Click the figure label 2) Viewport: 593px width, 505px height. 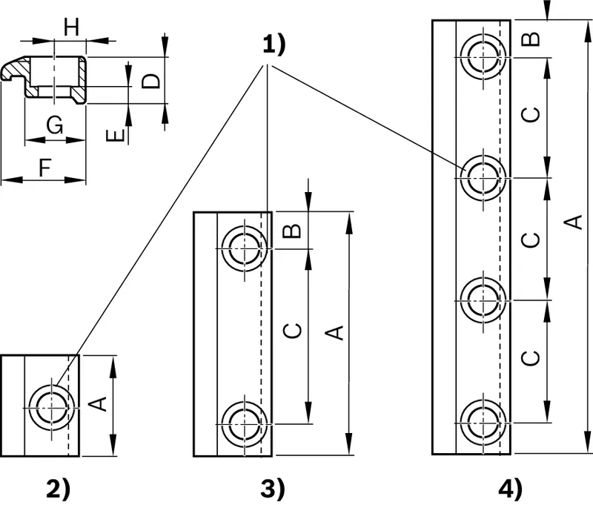tap(59, 489)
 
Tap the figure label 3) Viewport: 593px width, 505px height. tap(272, 489)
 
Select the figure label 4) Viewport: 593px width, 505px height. tap(510, 489)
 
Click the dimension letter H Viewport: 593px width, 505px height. tap(71, 27)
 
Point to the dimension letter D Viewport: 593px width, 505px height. tap(151, 81)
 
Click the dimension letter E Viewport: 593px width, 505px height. tap(116, 136)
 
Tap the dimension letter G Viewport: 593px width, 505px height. tap(55, 125)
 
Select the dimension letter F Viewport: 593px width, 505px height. tap(45, 168)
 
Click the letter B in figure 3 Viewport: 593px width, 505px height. tap(292, 231)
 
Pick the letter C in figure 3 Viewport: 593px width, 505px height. tap(293, 330)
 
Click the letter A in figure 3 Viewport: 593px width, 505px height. tap(334, 332)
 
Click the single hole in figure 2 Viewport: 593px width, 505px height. tap(51, 408)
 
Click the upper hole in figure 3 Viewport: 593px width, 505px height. tap(245, 248)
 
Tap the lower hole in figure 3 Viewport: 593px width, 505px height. tap(245, 424)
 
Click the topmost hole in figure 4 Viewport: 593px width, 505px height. tap(483, 57)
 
